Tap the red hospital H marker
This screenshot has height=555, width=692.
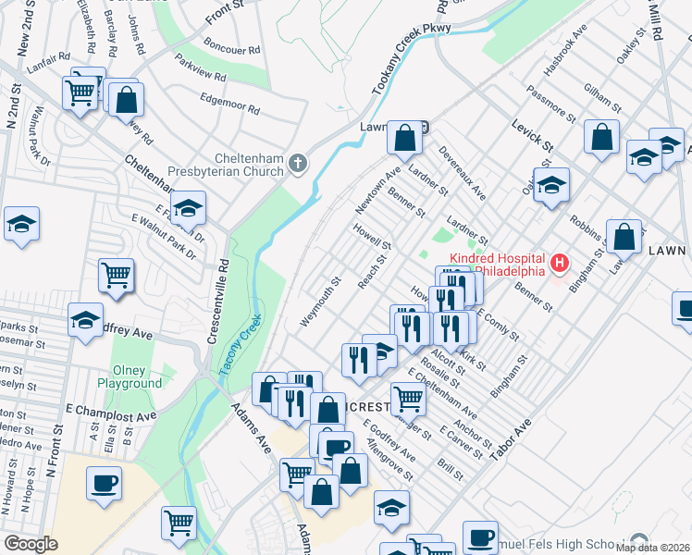559,265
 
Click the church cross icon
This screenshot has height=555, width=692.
297,165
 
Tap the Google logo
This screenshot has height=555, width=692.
31,544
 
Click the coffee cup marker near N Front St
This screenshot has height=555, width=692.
104,483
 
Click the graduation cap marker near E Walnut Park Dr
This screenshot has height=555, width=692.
187,208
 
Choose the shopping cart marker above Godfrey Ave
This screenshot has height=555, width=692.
116,275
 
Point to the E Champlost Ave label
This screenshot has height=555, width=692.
100,408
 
